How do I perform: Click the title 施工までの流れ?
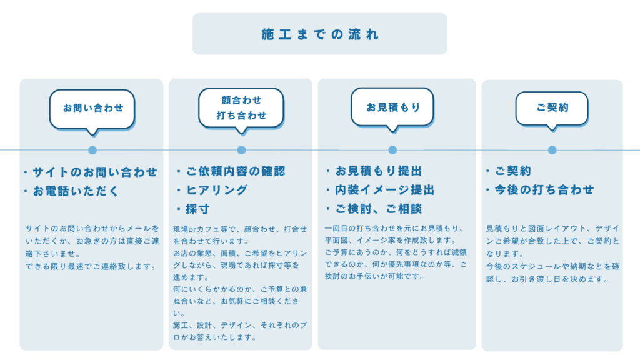point(320,34)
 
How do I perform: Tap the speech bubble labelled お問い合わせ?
point(92,110)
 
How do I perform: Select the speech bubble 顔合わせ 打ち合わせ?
point(241,109)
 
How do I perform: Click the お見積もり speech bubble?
point(392,108)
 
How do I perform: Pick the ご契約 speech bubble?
point(552,109)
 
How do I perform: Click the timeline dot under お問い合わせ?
point(92,150)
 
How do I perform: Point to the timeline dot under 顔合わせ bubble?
point(242,150)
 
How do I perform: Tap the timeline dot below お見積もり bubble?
point(392,150)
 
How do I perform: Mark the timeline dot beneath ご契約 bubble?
point(552,150)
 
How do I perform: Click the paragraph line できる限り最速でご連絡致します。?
point(91,266)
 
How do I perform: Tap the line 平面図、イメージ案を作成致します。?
point(390,241)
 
